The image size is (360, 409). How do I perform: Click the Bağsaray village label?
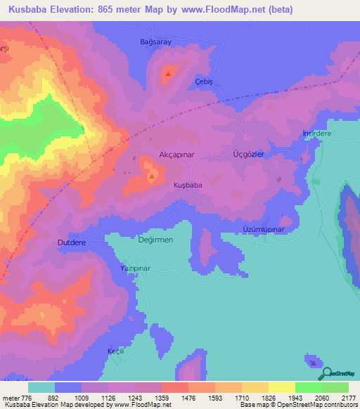[155, 42]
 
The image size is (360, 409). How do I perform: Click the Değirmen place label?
[155, 240]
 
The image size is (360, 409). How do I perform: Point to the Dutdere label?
[71, 242]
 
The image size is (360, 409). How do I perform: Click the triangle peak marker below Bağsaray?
[167, 72]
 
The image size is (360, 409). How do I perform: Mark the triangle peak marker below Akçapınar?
[152, 176]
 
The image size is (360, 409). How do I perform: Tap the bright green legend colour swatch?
[308, 387]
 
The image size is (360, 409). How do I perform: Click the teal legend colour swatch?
[41, 387]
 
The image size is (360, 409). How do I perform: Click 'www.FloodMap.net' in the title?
[218, 10]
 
